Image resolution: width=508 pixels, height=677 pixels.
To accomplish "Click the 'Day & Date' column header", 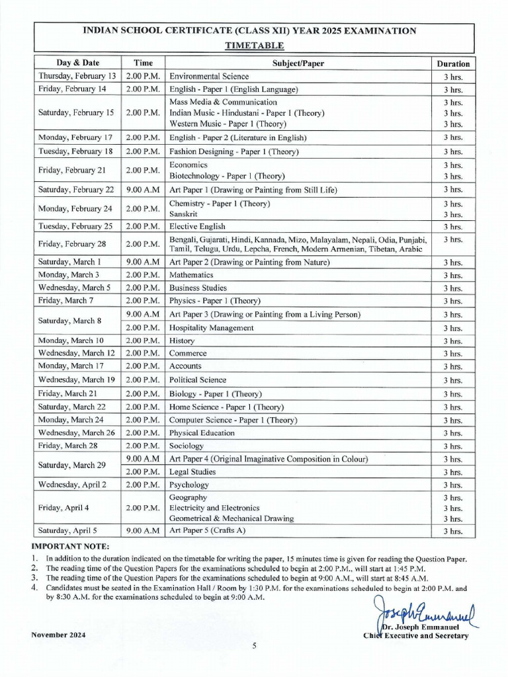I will click(77, 63).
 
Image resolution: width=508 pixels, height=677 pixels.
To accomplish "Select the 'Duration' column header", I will click(453, 63).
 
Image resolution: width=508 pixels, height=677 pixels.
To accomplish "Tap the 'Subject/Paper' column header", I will click(298, 63).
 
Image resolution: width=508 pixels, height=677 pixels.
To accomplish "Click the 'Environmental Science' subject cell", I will click(209, 76).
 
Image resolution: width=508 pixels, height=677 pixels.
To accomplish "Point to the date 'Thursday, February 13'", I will click(77, 76).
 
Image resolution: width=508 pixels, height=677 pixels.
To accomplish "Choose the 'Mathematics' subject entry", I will click(191, 274).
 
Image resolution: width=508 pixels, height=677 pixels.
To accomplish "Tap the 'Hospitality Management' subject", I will click(211, 327).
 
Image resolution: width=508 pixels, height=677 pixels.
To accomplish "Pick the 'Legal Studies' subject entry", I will click(192, 472).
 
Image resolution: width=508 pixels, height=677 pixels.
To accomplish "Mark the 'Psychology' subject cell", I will click(189, 485).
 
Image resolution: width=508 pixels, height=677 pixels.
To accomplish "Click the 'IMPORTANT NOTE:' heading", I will click(70, 546).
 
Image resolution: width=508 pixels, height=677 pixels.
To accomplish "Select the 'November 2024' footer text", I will click(58, 635).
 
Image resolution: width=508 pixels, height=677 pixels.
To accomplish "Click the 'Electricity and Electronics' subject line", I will click(214, 508).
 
